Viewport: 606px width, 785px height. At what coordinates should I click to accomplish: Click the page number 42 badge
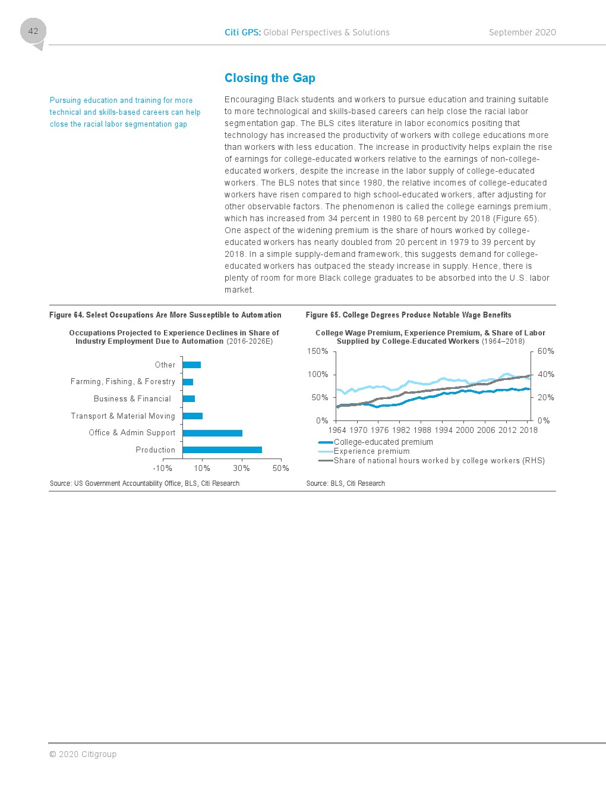(x=33, y=32)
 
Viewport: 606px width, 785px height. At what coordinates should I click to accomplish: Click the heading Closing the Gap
(x=270, y=78)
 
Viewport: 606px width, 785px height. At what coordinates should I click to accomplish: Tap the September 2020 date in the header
(x=522, y=33)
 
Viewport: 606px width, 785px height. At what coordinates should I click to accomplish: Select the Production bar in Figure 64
(x=222, y=450)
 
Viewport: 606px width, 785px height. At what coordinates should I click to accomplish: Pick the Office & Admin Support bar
(x=213, y=433)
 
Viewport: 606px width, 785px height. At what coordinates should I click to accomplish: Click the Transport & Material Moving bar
(x=192, y=416)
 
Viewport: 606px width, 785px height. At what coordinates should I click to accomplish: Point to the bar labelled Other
(x=192, y=365)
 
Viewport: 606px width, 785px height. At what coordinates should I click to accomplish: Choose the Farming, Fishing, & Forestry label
(x=123, y=382)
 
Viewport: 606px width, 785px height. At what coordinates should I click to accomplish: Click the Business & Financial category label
(x=132, y=399)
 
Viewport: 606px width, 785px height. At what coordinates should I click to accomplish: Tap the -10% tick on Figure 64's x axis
(x=163, y=469)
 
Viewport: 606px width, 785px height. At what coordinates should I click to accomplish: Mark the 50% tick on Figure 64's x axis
(x=281, y=469)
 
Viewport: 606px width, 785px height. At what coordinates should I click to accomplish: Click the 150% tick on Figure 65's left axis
(x=318, y=351)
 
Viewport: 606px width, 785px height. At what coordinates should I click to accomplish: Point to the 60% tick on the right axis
(x=546, y=351)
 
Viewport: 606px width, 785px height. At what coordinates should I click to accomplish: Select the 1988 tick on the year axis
(x=422, y=430)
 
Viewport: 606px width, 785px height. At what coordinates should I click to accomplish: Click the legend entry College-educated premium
(x=383, y=442)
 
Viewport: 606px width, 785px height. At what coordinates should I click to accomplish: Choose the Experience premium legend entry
(x=371, y=451)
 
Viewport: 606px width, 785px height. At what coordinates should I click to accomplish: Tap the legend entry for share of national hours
(x=439, y=461)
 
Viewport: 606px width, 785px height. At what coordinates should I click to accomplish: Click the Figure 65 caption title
(x=408, y=315)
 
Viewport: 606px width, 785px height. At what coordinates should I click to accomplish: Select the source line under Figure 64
(x=144, y=483)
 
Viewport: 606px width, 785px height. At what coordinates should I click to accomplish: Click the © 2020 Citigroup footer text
(x=83, y=754)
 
